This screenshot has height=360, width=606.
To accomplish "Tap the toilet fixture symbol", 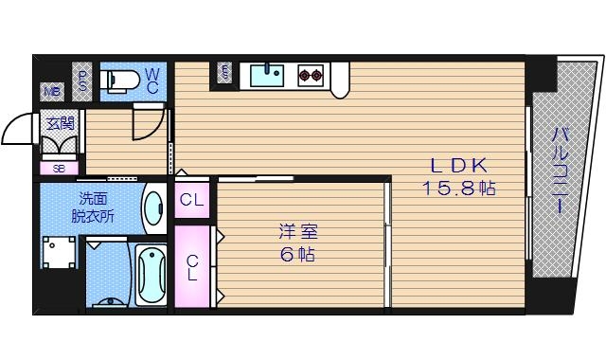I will pos(120,80).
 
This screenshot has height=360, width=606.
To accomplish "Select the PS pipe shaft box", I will pos(82,80).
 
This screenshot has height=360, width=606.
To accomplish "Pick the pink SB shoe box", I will pos(58,169).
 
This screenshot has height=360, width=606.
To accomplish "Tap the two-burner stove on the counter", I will pos(310,73).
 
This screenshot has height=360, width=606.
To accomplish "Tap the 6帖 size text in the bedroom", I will pos(295,254).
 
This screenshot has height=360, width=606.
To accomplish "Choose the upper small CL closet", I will pos(191,200).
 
